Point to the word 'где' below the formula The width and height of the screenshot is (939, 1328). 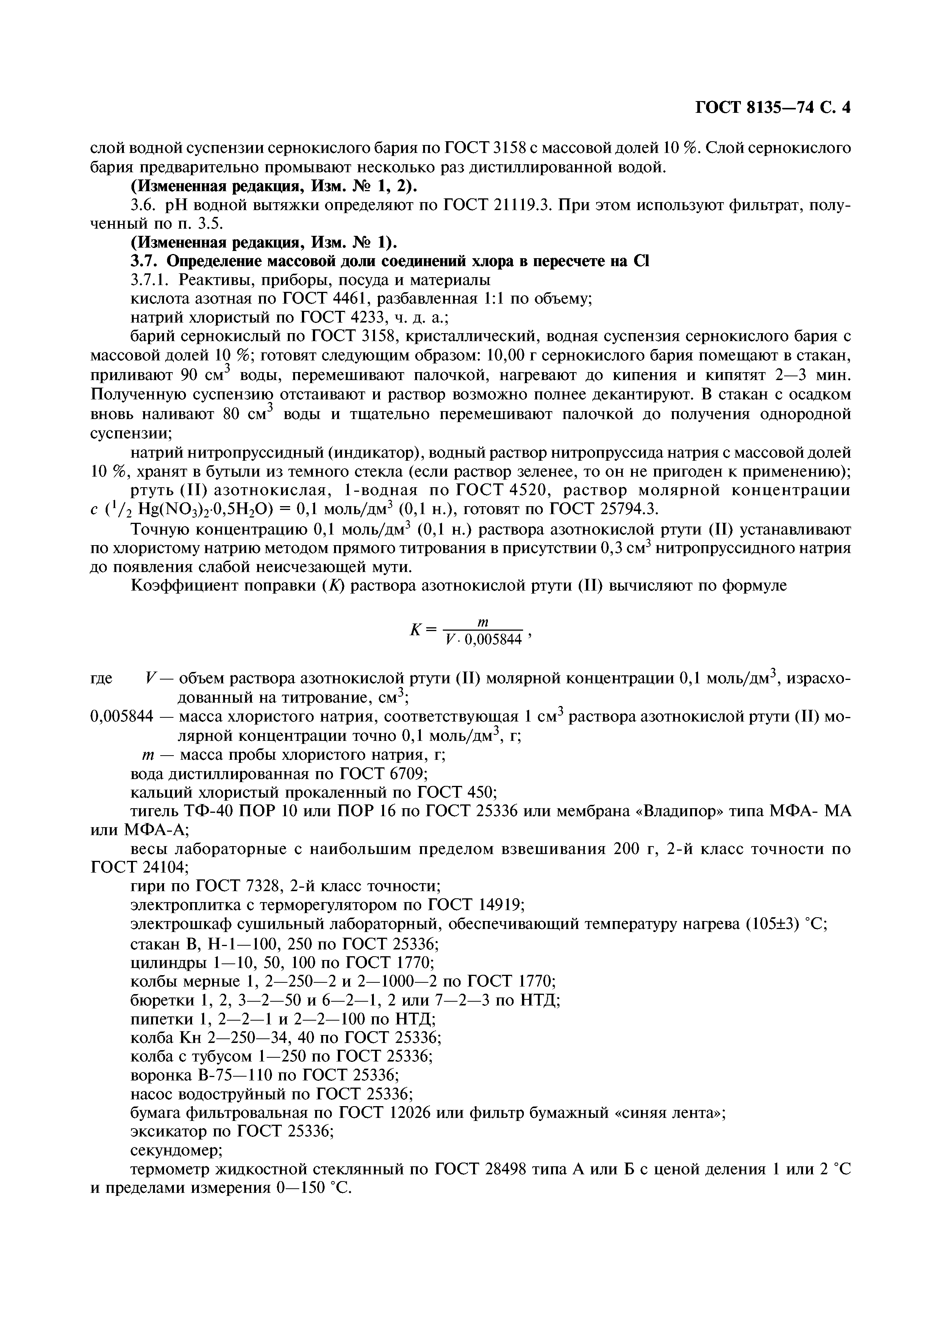point(102,678)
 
